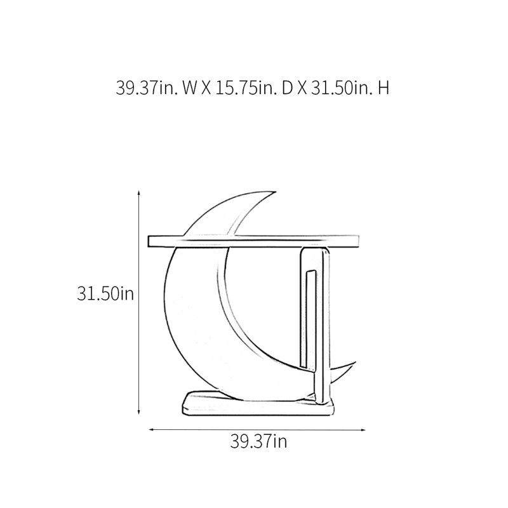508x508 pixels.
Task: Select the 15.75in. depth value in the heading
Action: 246,88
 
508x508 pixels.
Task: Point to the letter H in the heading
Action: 384,88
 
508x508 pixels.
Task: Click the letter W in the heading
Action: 189,88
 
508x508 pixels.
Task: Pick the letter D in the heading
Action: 287,88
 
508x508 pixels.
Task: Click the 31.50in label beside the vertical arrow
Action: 105,294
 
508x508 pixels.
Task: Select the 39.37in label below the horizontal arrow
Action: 258,441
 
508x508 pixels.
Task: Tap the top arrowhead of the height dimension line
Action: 139,193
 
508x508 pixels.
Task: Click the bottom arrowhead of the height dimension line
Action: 139,412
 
